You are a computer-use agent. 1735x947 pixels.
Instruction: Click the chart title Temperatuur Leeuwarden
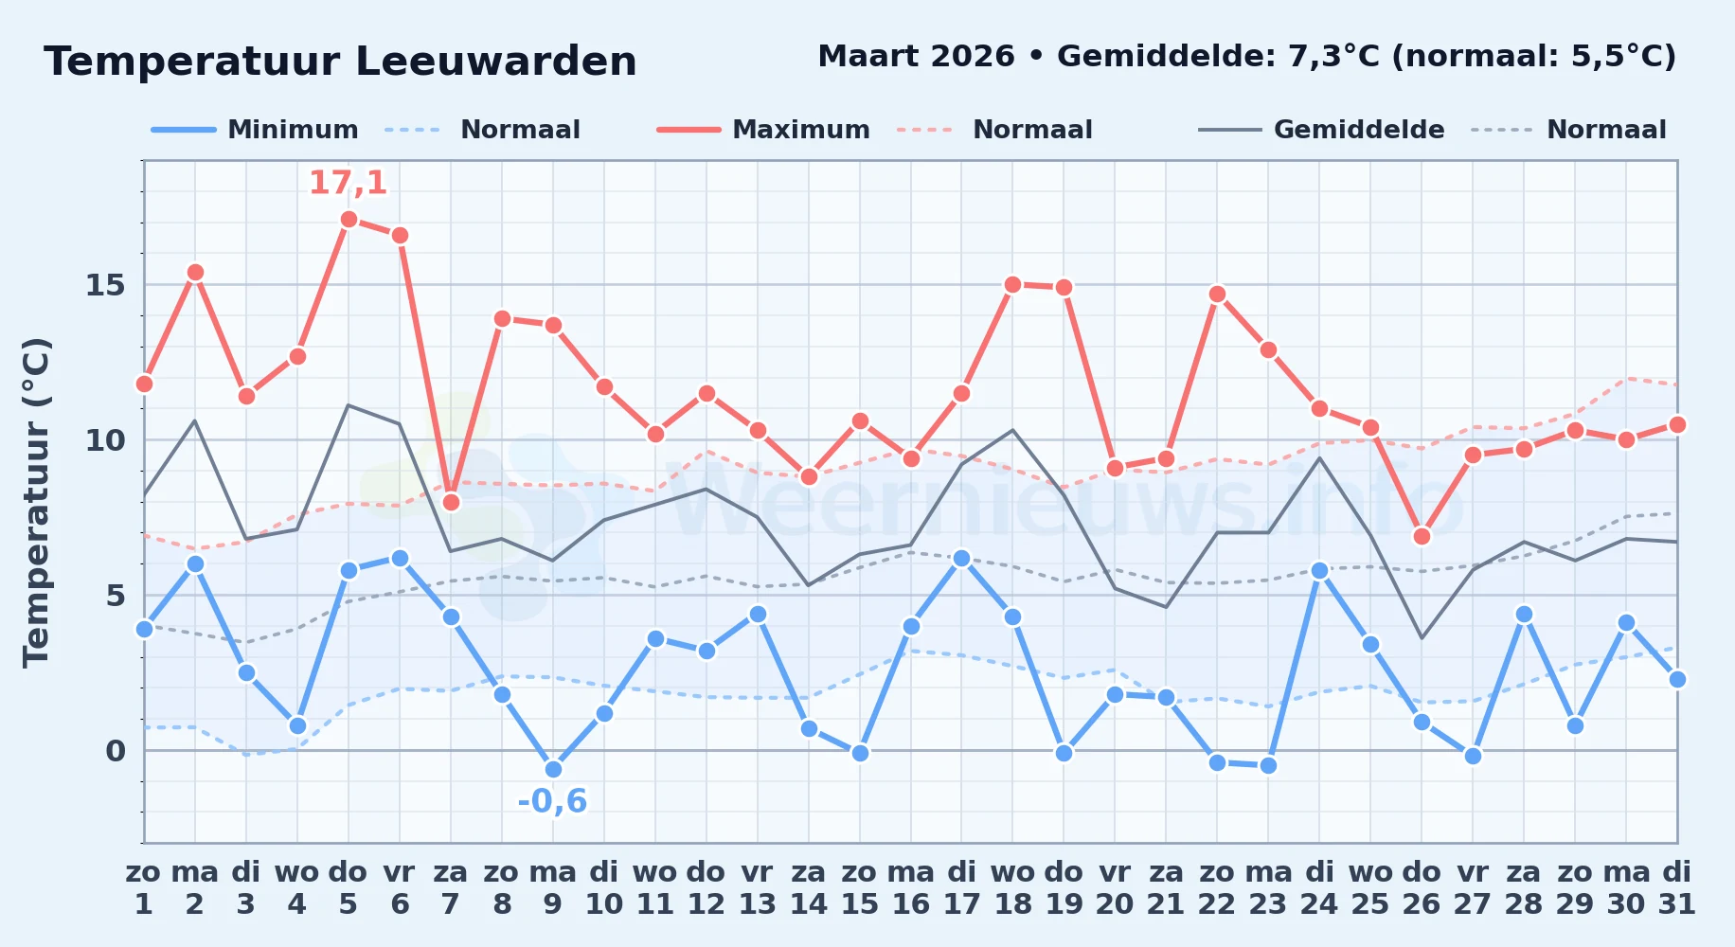point(340,62)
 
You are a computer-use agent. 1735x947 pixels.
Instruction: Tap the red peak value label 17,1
point(349,183)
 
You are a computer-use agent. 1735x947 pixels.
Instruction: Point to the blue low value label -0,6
point(552,801)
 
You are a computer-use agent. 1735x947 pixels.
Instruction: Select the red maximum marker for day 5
point(349,220)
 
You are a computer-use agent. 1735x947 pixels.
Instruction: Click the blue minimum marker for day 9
point(553,770)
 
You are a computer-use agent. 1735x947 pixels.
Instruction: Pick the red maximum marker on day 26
point(1422,537)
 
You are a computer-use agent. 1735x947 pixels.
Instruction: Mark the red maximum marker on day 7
point(451,502)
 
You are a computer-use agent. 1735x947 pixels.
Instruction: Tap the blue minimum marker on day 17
point(961,559)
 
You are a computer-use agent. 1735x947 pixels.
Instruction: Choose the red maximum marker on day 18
point(1012,285)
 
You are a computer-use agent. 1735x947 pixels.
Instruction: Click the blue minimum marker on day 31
point(1677,679)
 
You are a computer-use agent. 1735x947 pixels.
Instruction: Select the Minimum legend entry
point(255,130)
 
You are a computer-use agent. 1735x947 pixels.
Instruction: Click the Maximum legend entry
point(763,130)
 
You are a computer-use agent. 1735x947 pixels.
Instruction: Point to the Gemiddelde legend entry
point(1321,130)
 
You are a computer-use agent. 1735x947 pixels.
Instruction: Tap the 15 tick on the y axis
point(105,285)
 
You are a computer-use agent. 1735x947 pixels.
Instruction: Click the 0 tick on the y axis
point(116,751)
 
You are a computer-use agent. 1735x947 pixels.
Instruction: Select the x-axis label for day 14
point(809,888)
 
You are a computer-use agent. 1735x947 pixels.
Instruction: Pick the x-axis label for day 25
point(1370,888)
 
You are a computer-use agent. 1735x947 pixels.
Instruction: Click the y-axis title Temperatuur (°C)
point(36,502)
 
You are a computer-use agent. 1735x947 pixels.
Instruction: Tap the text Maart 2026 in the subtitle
point(916,57)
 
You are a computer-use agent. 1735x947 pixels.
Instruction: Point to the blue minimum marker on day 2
point(195,564)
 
